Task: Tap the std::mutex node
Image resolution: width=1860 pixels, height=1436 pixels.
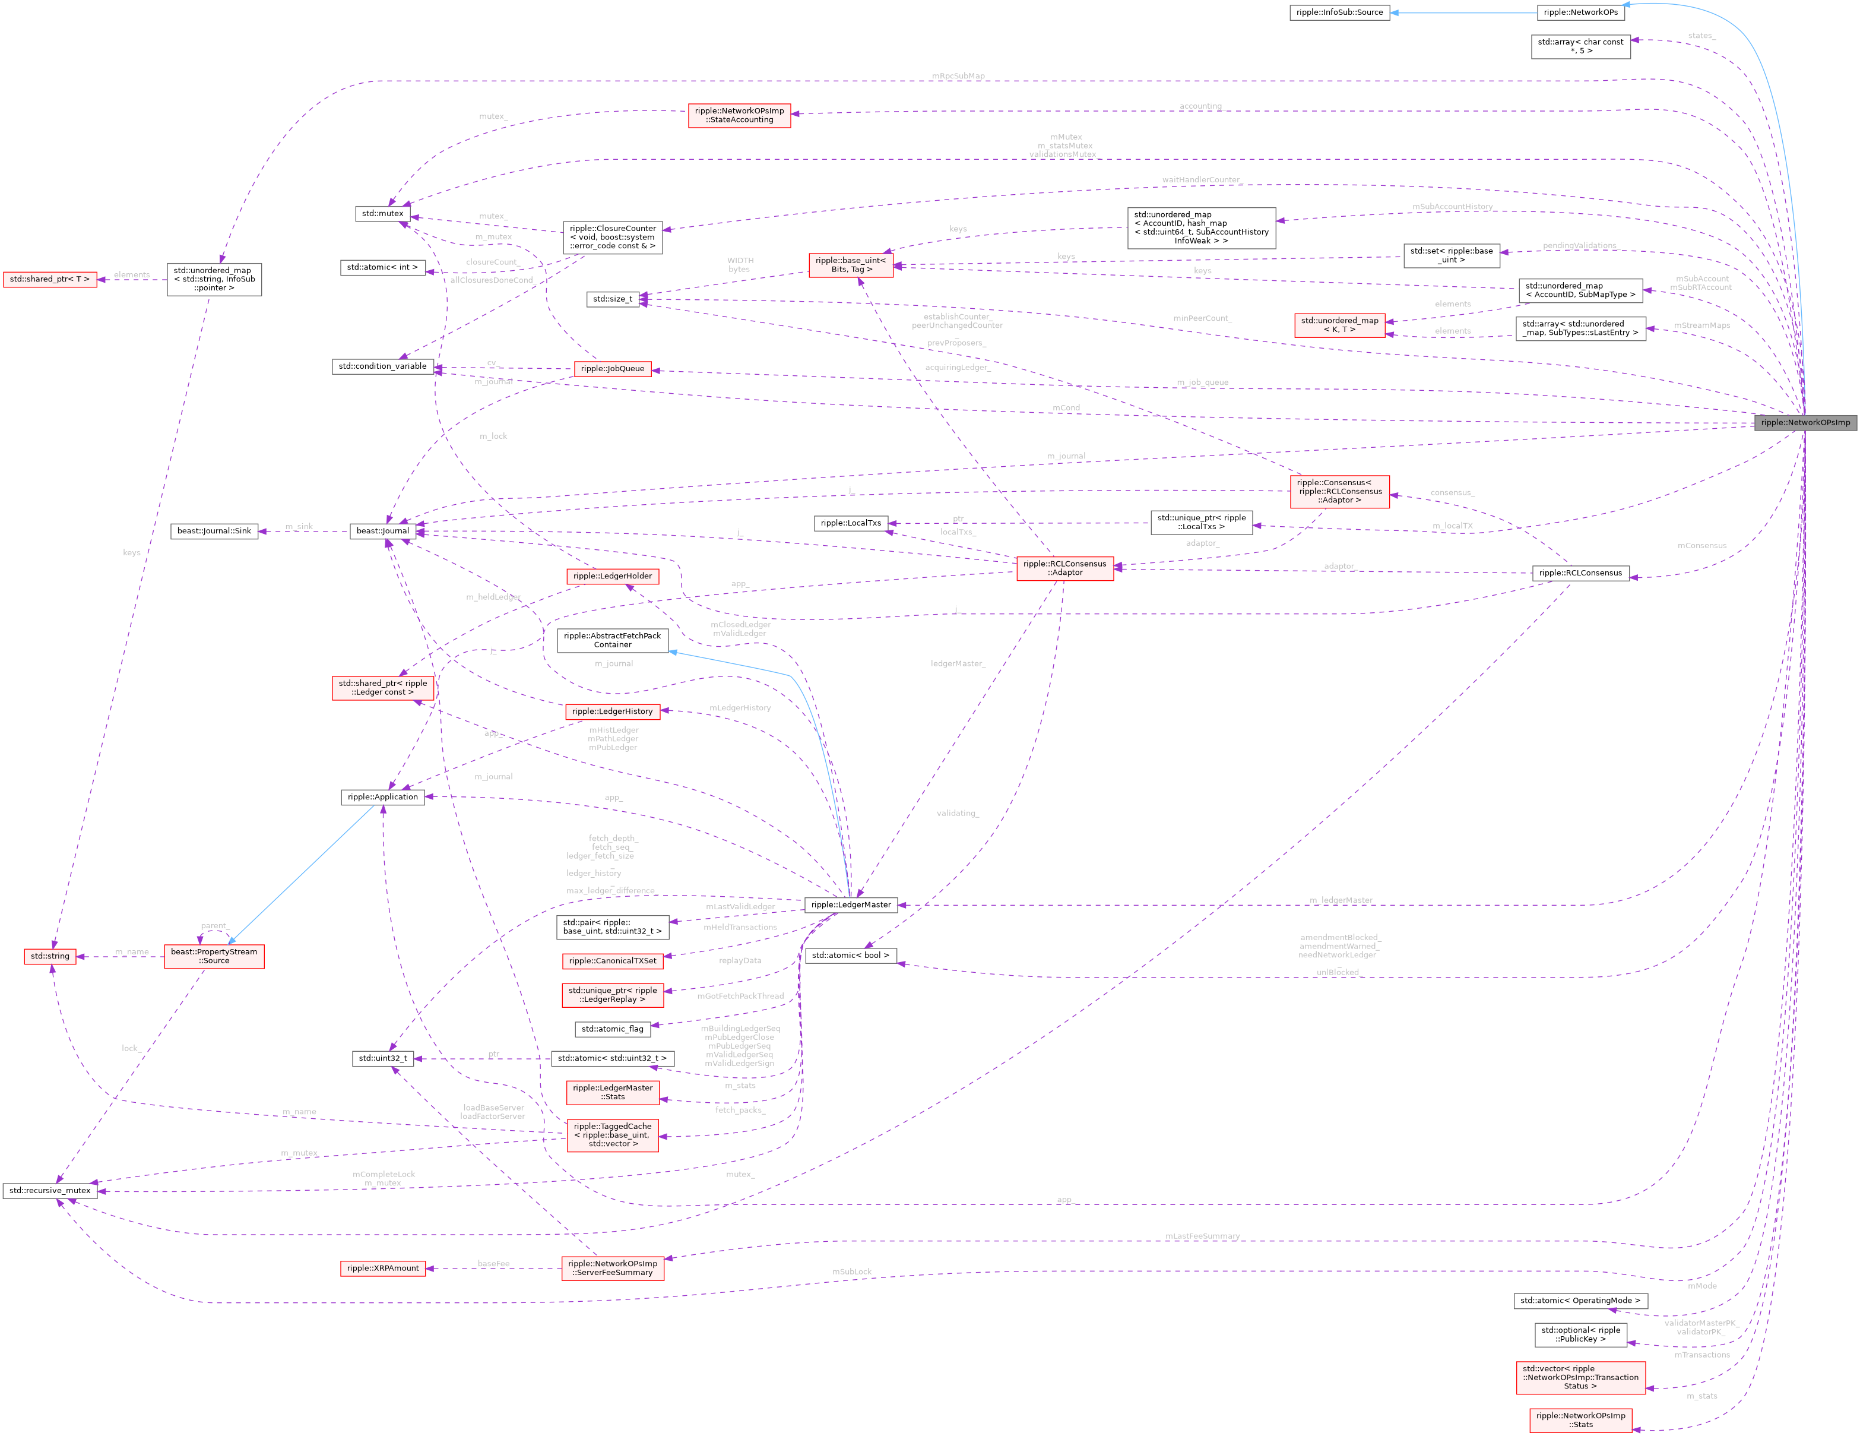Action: [x=382, y=213]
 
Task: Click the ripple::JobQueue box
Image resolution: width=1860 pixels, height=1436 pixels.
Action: [x=611, y=369]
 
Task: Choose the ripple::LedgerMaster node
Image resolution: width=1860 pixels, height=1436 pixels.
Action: [x=851, y=904]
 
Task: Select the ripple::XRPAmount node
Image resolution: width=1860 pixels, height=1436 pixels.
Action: [x=382, y=1268]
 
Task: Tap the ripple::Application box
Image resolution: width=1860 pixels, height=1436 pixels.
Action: [x=382, y=797]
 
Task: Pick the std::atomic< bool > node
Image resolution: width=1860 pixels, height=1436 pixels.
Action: [x=850, y=956]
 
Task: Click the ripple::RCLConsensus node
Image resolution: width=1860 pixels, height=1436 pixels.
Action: [x=1580, y=573]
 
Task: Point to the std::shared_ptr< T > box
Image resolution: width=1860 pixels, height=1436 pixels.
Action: [x=49, y=279]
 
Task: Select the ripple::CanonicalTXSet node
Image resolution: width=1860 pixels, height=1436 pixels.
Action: [x=612, y=961]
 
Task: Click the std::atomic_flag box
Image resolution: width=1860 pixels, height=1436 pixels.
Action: [x=612, y=1029]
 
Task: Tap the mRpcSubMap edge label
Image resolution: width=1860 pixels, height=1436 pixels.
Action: [x=958, y=76]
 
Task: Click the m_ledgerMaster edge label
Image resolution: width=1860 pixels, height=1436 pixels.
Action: [x=1341, y=900]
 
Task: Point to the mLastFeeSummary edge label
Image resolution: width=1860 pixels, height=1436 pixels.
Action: [x=1202, y=1236]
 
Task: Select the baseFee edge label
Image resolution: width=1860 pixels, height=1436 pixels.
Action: [x=493, y=1263]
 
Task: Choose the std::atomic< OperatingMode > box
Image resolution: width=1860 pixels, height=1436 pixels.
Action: [x=1580, y=1301]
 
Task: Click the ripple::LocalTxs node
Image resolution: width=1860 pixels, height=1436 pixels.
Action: [x=851, y=523]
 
